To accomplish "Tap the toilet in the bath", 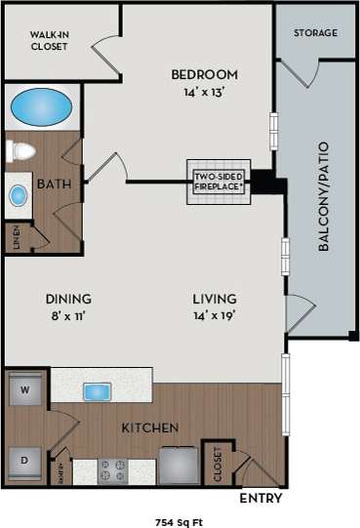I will pyautogui.click(x=20, y=150).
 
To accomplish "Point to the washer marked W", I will pyautogui.click(x=24, y=392).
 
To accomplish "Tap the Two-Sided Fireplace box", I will pyautogui.click(x=217, y=182).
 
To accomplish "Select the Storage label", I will pyautogui.click(x=315, y=33).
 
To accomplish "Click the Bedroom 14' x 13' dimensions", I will pyautogui.click(x=205, y=82).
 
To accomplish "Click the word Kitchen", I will pyautogui.click(x=148, y=427).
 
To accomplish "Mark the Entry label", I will pyautogui.click(x=261, y=499).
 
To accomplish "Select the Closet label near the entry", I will pyautogui.click(x=218, y=464).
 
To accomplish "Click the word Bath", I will pyautogui.click(x=50, y=183).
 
